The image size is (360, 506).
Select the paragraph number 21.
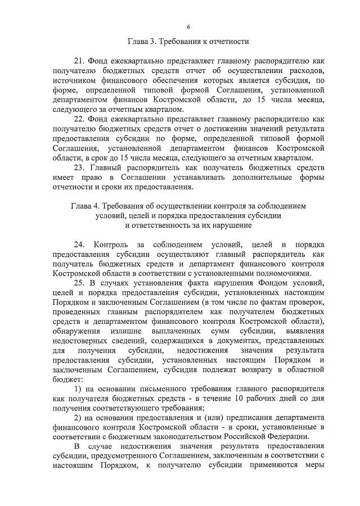pyautogui.click(x=79, y=60)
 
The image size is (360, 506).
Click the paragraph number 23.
pyautogui.click(x=79, y=168)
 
